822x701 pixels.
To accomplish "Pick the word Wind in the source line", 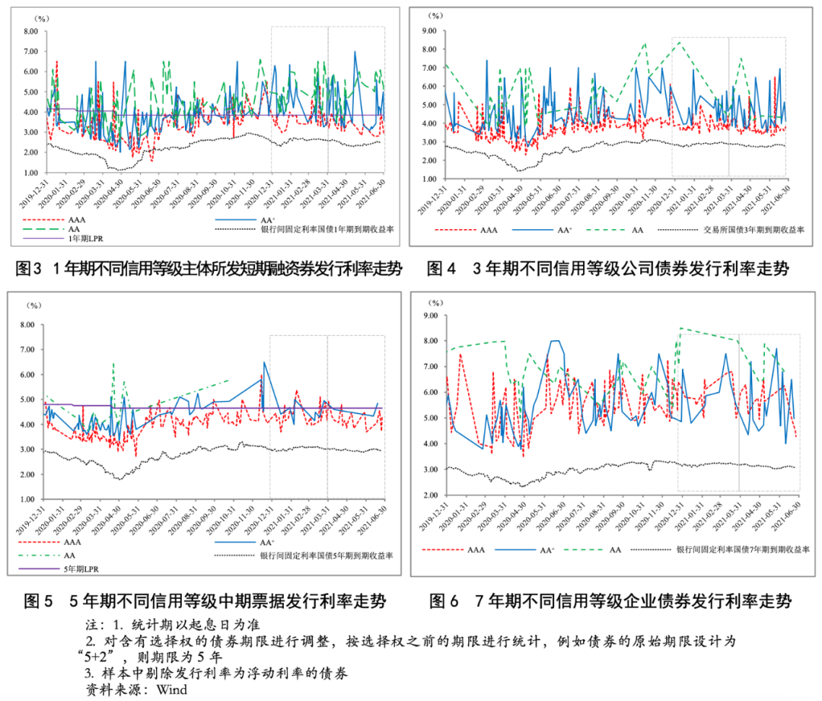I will [171, 690].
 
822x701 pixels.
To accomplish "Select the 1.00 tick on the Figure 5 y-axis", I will [30, 499].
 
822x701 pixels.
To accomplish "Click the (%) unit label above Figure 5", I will [34, 306].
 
